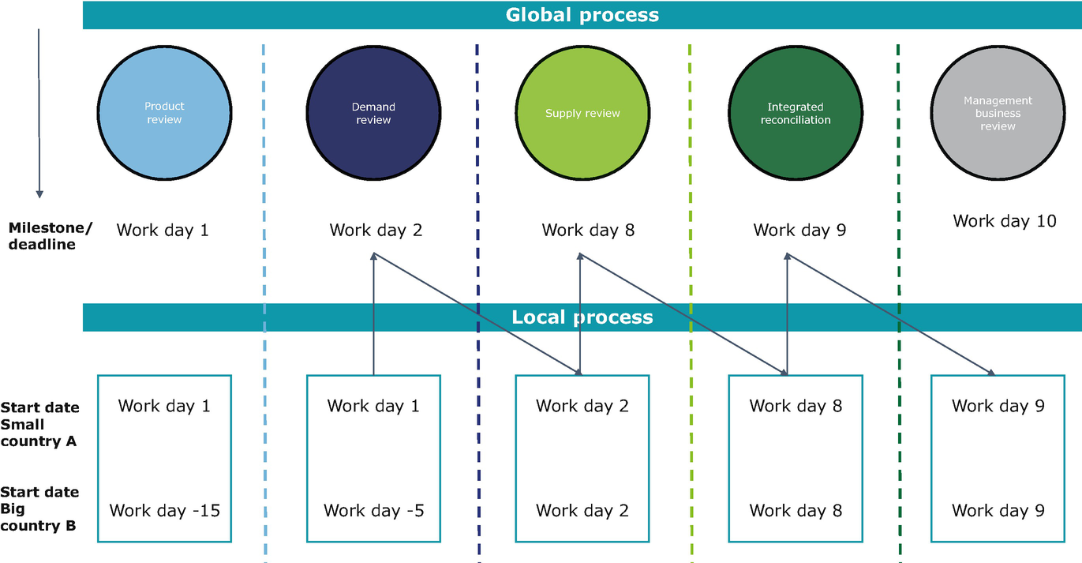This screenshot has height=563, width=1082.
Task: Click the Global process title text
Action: [x=582, y=15]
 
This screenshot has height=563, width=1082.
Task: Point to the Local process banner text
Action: [x=582, y=317]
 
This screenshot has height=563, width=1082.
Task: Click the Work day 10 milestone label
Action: [x=1004, y=221]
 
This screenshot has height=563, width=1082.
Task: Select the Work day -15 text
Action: [x=164, y=511]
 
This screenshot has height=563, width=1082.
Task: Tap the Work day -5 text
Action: [x=373, y=511]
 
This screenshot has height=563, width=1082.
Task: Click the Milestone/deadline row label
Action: [x=50, y=236]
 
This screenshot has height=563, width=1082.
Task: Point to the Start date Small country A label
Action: [x=39, y=425]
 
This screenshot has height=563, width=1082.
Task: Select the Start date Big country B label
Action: [x=39, y=509]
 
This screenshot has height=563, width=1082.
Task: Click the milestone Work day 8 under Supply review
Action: [x=588, y=231]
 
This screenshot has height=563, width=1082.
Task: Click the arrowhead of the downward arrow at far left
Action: [x=39, y=193]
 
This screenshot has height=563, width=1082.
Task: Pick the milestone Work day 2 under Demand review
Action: [x=376, y=231]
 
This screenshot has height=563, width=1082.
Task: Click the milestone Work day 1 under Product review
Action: [x=163, y=231]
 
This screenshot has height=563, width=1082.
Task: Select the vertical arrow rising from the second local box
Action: [x=373, y=316]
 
